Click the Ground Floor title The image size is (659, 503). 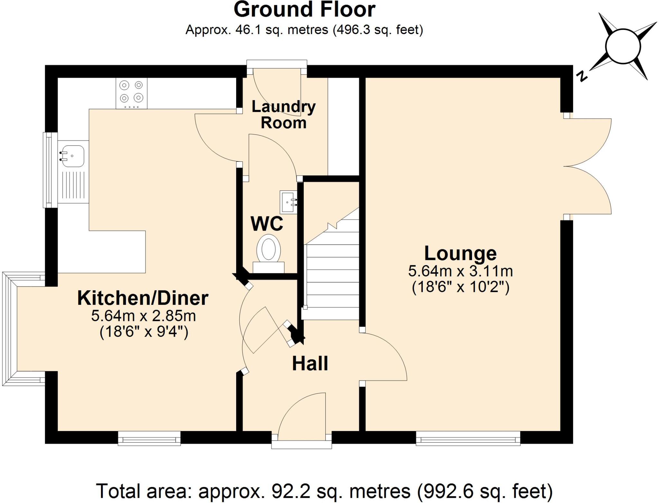(304, 10)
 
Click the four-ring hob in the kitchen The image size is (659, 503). (132, 93)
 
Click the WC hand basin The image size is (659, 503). (288, 202)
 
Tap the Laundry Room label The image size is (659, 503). (283, 114)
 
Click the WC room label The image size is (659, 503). (267, 224)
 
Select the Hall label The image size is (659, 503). (310, 363)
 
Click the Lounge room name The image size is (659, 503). (460, 253)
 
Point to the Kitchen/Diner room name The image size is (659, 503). (143, 298)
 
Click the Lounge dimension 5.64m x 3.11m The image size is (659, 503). (460, 271)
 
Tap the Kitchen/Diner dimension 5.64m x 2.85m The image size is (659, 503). (144, 316)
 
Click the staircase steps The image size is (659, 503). (332, 275)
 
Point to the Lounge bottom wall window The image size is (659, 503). (468, 438)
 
